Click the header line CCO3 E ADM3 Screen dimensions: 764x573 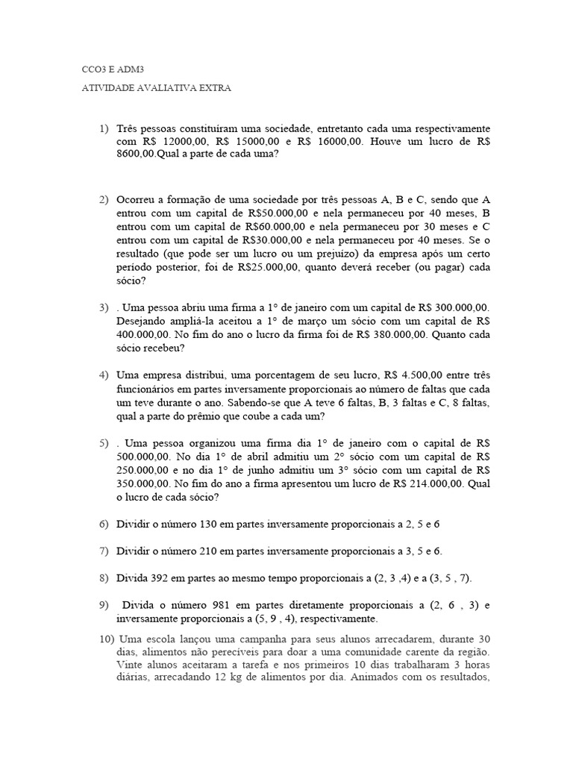point(112,69)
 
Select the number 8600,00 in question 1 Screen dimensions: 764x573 point(135,154)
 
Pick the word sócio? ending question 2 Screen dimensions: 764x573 point(131,281)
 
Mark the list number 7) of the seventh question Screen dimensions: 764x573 point(104,551)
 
